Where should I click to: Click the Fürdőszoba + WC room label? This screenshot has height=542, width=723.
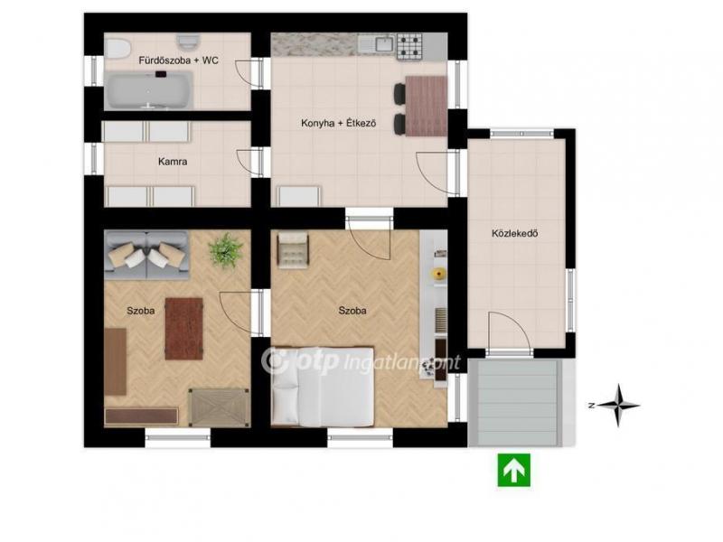178,61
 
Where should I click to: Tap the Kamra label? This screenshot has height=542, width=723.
173,162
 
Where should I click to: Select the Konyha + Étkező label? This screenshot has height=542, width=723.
338,123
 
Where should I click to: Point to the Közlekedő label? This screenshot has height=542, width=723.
514,233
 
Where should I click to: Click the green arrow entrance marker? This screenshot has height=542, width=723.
513,470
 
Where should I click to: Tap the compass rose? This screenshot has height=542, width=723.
617,406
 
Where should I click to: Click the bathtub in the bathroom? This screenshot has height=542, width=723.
148,90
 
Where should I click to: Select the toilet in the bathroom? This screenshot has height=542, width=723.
117,49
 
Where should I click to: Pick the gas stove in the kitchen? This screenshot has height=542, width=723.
409,47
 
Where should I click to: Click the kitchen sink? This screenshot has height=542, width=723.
383,44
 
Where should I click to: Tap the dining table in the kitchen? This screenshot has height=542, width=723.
426,107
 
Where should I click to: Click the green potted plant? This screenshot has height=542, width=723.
225,250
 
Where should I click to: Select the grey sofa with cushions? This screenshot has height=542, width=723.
146,255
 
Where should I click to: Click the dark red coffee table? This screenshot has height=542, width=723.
184,329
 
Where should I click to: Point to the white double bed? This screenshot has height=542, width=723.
323,387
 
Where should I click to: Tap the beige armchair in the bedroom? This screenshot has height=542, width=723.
293,249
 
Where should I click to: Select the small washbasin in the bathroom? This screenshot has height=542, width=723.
187,42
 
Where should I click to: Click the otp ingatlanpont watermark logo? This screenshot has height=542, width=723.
361,362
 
